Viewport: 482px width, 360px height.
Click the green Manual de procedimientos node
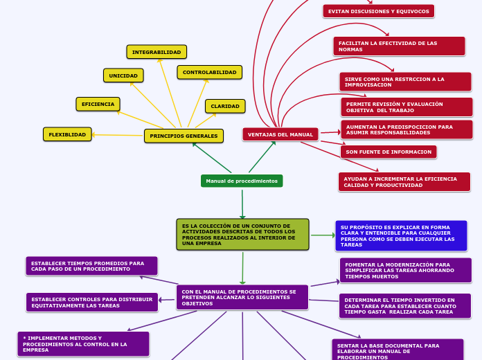(242, 181)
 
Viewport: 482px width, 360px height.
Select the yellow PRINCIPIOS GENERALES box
(184, 136)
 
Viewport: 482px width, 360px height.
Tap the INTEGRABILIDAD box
(157, 52)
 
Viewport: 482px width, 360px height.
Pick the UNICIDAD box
(123, 75)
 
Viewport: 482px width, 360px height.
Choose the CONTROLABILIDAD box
(209, 72)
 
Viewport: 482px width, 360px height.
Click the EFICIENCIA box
(98, 104)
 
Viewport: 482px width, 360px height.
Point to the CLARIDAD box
(225, 106)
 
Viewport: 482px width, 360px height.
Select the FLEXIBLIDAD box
(67, 134)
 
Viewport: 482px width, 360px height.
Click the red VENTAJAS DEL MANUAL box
(280, 134)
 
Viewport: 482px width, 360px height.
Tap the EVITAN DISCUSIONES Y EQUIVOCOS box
(378, 11)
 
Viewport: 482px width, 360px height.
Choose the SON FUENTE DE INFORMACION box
(389, 152)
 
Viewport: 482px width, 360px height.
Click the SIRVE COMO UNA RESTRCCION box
(405, 82)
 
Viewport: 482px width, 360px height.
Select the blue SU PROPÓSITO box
(401, 236)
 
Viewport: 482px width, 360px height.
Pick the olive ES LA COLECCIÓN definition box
(242, 235)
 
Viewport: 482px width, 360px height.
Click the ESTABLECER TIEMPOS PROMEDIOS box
(91, 266)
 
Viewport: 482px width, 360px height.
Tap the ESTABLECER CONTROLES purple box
(92, 303)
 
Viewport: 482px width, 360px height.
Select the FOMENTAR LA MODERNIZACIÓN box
(405, 270)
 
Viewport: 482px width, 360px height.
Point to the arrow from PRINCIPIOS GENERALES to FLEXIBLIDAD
(118, 135)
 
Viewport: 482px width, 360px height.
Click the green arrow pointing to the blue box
(323, 235)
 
